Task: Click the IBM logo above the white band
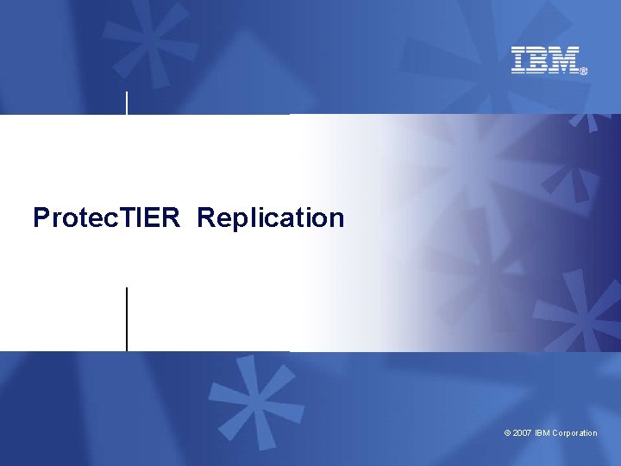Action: click(545, 60)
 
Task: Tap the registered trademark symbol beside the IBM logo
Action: click(584, 72)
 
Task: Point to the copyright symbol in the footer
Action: click(507, 433)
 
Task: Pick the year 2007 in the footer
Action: click(522, 433)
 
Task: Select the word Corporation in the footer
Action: click(574, 433)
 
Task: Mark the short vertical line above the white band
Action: click(128, 102)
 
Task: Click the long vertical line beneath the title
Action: click(127, 319)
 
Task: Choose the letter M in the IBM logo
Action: click(564, 60)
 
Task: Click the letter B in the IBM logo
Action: click(541, 60)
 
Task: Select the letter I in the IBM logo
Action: click(520, 60)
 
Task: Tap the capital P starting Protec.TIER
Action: click(41, 217)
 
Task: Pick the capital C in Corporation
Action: click(555, 433)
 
